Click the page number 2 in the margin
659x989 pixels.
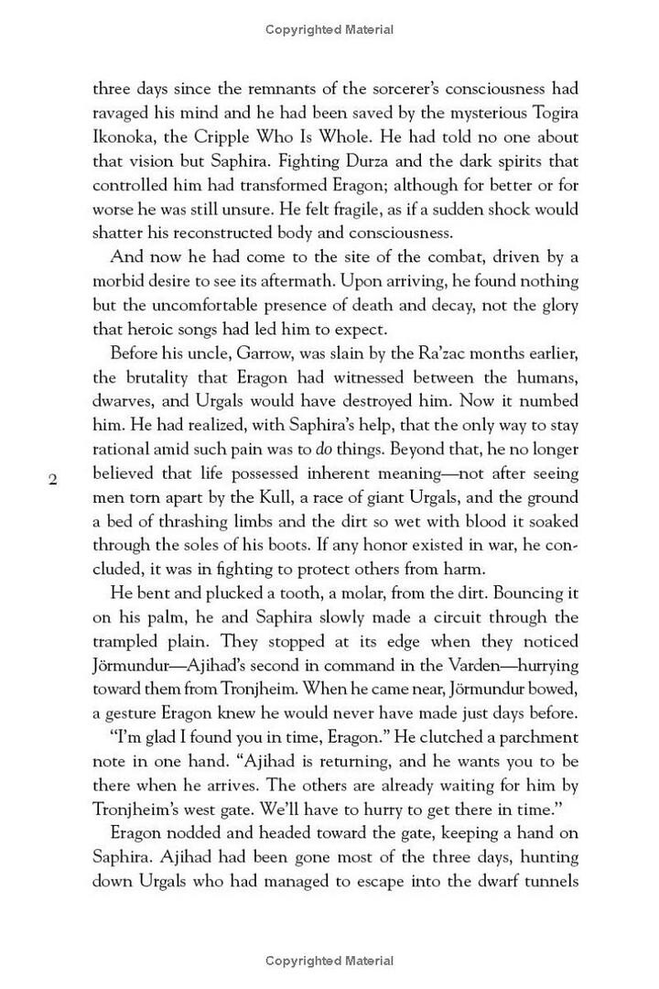tap(53, 479)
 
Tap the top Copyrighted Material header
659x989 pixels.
tap(329, 30)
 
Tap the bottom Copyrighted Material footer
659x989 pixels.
tap(329, 961)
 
